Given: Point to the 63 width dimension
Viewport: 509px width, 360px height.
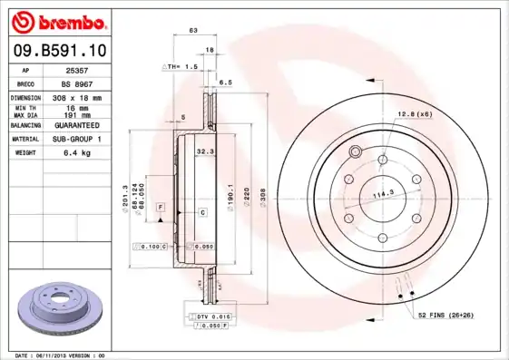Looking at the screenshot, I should (193, 32).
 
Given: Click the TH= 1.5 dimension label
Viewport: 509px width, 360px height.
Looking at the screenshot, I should (180, 67).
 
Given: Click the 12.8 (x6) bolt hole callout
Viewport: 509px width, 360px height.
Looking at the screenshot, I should (413, 113).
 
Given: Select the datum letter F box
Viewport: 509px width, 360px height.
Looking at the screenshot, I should (161, 208).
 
